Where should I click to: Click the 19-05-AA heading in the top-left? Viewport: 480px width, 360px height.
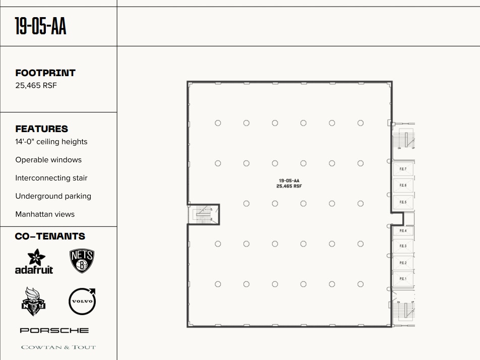pyautogui.click(x=40, y=26)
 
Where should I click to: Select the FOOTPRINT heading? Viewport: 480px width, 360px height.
pyautogui.click(x=45, y=73)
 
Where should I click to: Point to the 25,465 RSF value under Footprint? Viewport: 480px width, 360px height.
pyautogui.click(x=36, y=85)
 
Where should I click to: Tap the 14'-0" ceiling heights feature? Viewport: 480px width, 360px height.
pyautogui.click(x=51, y=142)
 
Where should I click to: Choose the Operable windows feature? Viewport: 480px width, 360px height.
pyautogui.click(x=48, y=160)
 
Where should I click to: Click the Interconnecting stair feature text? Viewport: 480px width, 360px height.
pyautogui.click(x=51, y=178)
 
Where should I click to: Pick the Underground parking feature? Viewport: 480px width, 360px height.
pyautogui.click(x=53, y=196)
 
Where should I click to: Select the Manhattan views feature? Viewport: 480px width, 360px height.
pyautogui.click(x=45, y=214)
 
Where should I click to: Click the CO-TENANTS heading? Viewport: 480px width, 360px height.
pyautogui.click(x=50, y=236)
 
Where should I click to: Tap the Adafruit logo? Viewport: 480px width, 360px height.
pyautogui.click(x=34, y=262)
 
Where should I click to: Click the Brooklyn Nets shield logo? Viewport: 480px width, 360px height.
pyautogui.click(x=82, y=261)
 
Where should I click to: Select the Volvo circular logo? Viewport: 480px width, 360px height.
pyautogui.click(x=82, y=302)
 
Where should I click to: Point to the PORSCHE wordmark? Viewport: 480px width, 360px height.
pyautogui.click(x=54, y=330)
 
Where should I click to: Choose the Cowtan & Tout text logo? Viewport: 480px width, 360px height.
pyautogui.click(x=58, y=347)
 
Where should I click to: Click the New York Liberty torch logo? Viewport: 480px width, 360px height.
pyautogui.click(x=34, y=302)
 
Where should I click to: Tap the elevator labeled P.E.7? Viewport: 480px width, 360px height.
pyautogui.click(x=403, y=169)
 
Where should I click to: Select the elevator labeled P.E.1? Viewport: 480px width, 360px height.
pyautogui.click(x=403, y=279)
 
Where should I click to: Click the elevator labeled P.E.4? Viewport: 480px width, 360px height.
pyautogui.click(x=403, y=231)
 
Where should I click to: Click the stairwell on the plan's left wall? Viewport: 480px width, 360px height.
pyautogui.click(x=204, y=214)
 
